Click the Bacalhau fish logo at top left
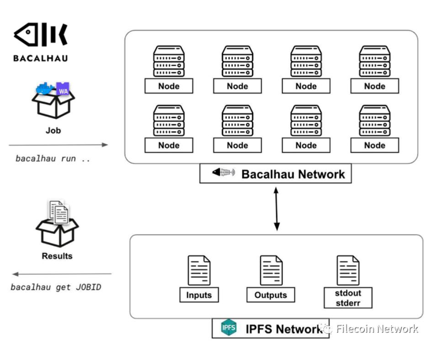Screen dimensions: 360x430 pos(41,36)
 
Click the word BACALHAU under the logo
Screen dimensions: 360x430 pos(41,58)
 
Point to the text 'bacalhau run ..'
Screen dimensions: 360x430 pos(53,159)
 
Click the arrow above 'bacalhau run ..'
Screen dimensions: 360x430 pos(58,145)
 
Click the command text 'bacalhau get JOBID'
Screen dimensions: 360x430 pos(56,287)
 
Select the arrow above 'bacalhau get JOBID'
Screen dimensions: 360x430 pos(62,274)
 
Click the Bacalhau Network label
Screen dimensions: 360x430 pos(293,174)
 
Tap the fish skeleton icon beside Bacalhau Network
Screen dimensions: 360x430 pos(223,172)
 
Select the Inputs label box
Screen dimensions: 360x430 pos(199,295)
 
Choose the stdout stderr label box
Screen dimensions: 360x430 pos(348,297)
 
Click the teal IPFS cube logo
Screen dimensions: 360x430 pos(228,328)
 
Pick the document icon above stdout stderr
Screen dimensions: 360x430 pos(348,270)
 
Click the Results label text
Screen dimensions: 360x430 pos(57,256)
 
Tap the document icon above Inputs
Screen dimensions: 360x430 pos(199,270)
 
